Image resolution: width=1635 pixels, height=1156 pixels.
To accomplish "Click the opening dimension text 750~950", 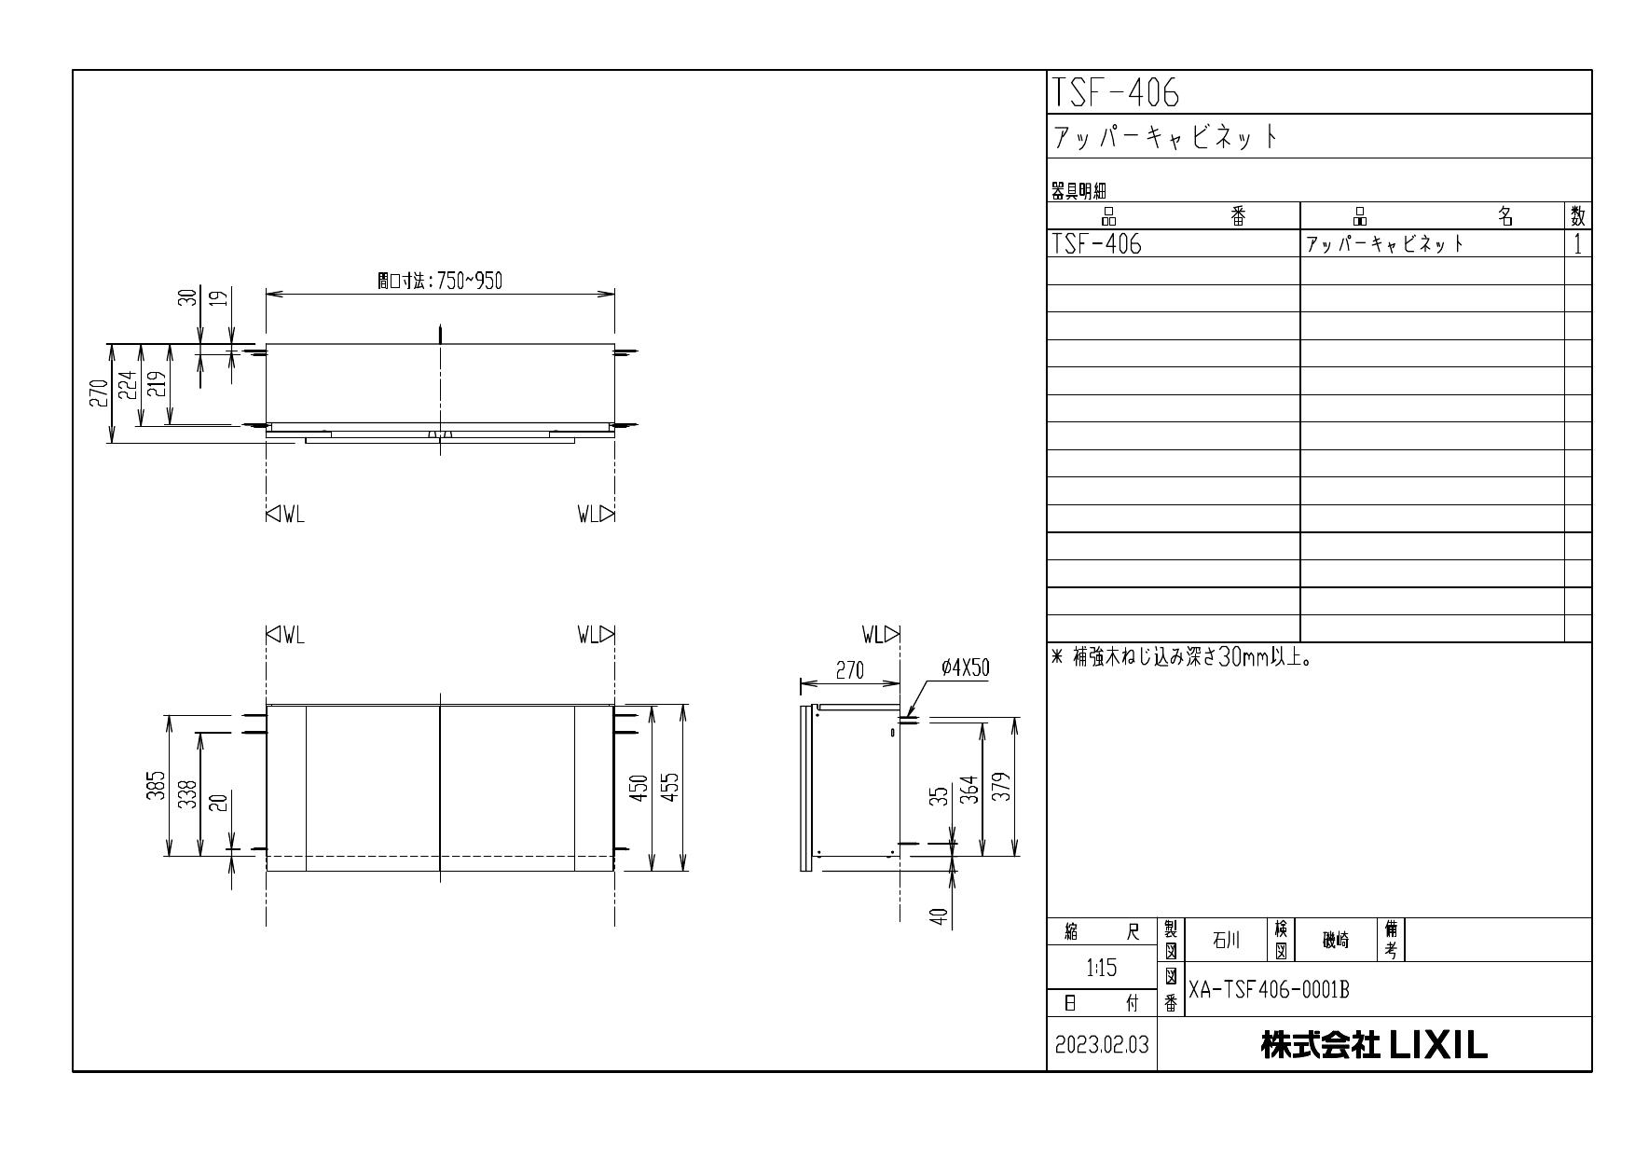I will [x=440, y=282].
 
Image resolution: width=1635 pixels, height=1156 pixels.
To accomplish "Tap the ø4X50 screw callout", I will [x=965, y=667].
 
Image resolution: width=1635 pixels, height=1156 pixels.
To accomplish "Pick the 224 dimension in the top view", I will [x=129, y=385].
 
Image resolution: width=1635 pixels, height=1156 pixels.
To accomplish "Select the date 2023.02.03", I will [x=1102, y=1045].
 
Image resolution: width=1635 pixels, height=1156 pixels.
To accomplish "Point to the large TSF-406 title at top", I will [x=1116, y=93].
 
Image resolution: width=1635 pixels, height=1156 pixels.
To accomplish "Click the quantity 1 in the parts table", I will [x=1577, y=244].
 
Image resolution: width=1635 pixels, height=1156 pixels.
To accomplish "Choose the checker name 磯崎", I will [x=1336, y=941].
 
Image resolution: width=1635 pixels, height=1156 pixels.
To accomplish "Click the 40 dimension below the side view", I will [x=940, y=917].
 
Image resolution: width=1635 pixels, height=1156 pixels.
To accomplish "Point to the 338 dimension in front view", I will [x=187, y=794].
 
